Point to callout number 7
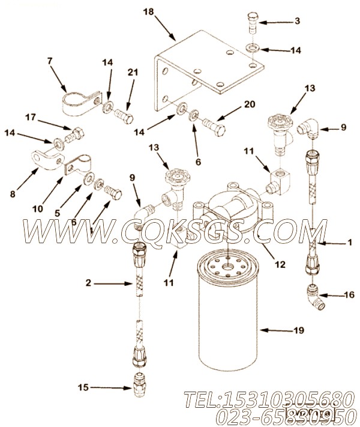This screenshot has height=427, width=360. point(50,61)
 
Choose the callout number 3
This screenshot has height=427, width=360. point(296,22)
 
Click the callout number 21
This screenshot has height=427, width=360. point(133,73)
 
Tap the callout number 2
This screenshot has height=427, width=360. point(90,282)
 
